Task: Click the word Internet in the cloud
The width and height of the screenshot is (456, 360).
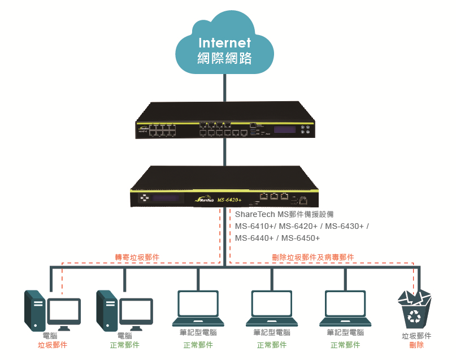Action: pos(225,43)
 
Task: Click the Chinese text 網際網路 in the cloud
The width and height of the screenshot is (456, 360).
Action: pos(225,58)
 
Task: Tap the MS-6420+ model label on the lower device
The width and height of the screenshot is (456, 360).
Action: pos(229,199)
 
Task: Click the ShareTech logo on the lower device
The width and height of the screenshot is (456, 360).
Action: pos(203,199)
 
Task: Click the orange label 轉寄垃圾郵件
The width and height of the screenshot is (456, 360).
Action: pos(137,257)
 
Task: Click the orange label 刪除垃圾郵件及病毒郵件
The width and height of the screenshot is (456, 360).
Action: pos(313,257)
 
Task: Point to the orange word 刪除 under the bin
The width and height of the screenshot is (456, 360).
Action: pos(416,345)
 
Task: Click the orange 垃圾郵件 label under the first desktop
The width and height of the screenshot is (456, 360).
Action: pos(53,345)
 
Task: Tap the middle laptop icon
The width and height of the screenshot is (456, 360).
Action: pos(271,309)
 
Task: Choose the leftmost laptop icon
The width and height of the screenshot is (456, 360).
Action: pos(198,309)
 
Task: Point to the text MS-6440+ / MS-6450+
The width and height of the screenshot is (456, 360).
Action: pos(277,238)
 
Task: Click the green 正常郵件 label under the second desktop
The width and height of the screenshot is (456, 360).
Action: pos(124,345)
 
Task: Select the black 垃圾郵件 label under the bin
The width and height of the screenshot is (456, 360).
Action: pos(416,336)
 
